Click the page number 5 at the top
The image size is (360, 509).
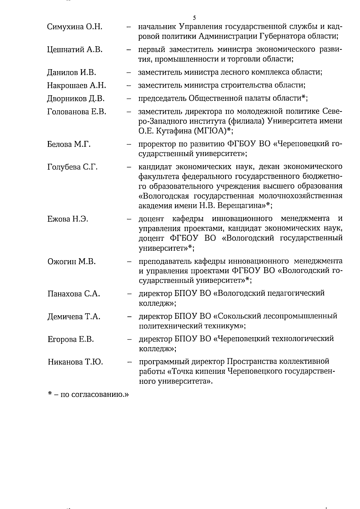pyautogui.click(x=195, y=18)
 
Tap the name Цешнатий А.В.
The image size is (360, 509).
pyautogui.click(x=75, y=50)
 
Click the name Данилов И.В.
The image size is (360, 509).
pyautogui.click(x=71, y=72)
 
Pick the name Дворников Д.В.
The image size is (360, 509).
pyautogui.click(x=76, y=99)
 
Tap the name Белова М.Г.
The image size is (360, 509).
pyautogui.click(x=69, y=144)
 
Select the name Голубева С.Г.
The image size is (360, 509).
pyautogui.click(x=72, y=167)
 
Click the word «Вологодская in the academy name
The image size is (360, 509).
pyautogui.click(x=164, y=196)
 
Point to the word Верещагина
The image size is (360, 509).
pyautogui.click(x=241, y=206)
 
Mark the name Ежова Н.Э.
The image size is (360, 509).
pyautogui.click(x=67, y=219)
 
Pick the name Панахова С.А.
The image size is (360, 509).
pyautogui.click(x=73, y=294)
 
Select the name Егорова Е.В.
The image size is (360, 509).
pyautogui.click(x=70, y=340)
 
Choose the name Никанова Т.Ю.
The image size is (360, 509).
pyautogui.click(x=75, y=362)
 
